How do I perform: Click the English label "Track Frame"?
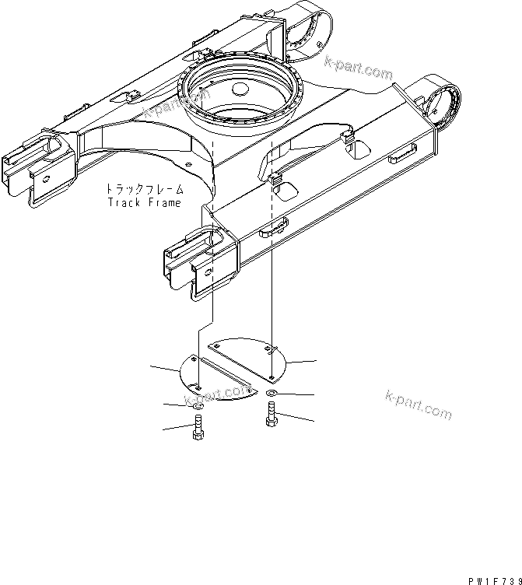tap(144, 203)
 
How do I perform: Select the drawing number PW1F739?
tap(494, 580)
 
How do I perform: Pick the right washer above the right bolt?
tap(270, 394)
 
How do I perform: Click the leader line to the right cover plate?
tap(301, 362)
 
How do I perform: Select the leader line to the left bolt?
tap(175, 427)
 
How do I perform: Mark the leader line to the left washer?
tap(176, 405)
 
